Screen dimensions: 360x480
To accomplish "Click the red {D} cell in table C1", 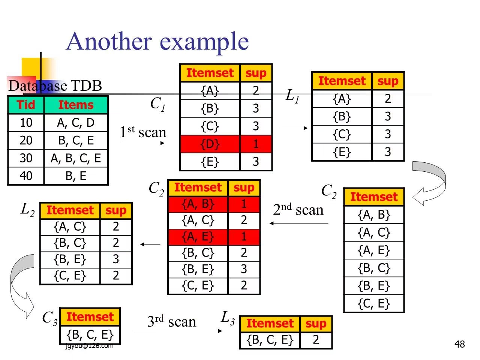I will (x=210, y=144).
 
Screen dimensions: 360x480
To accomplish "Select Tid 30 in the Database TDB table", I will (x=26, y=158).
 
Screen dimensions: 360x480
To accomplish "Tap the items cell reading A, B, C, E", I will (x=76, y=158).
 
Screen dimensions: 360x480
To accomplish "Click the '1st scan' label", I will (x=143, y=132).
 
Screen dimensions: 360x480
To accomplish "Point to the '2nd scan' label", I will (x=298, y=210).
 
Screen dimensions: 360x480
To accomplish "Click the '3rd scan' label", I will (x=171, y=321).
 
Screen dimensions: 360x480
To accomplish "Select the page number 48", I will (x=459, y=344).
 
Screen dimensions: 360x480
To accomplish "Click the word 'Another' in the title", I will (x=109, y=41).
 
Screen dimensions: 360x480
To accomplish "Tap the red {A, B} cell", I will (x=198, y=204).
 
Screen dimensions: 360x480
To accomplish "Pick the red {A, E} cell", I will (x=198, y=237).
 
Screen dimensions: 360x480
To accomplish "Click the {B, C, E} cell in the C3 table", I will (x=90, y=334).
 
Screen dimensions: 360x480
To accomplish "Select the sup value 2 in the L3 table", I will (x=316, y=340).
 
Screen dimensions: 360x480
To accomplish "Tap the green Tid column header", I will (x=26, y=105).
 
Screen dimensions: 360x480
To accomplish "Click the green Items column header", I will (x=76, y=105).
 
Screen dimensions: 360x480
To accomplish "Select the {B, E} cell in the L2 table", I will (x=70, y=259).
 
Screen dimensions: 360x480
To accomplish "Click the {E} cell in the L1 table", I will (x=342, y=152).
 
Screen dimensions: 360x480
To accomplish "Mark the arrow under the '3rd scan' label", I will (x=178, y=331).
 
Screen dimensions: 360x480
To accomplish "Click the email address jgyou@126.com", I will (x=89, y=346).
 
